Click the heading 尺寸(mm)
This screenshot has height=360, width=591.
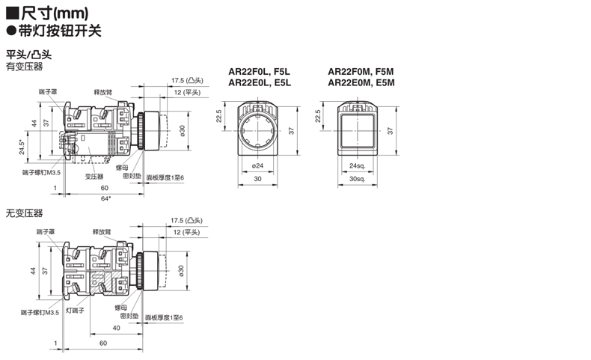[x=55, y=13]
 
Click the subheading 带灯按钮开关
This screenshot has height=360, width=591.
[x=60, y=31]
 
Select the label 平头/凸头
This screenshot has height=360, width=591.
[x=28, y=55]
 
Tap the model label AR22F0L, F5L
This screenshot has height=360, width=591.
[x=260, y=72]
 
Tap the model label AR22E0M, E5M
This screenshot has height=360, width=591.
[x=361, y=82]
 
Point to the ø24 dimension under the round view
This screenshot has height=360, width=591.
[x=257, y=165]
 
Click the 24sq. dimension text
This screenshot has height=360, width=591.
[x=357, y=165]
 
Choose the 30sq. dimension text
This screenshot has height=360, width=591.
[x=357, y=179]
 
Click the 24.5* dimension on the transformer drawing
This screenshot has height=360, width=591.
[x=22, y=147]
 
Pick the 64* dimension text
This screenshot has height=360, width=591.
[x=106, y=198]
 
